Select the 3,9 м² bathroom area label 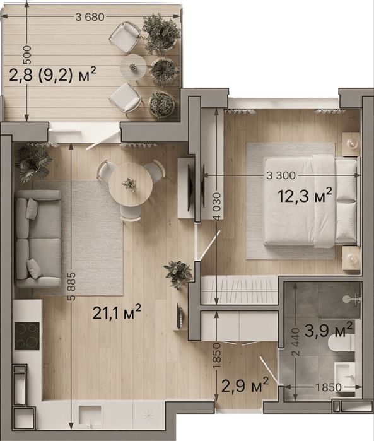point(328,329)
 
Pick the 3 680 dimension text point(90,17)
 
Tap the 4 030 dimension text point(216,208)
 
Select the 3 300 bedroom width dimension point(281,175)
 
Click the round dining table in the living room point(131,185)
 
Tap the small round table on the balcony point(133,68)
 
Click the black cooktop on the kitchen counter point(27,336)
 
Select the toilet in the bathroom point(341,344)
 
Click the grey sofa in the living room point(38,238)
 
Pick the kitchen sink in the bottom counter point(90,415)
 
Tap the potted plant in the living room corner point(33,163)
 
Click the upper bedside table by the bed point(351,144)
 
